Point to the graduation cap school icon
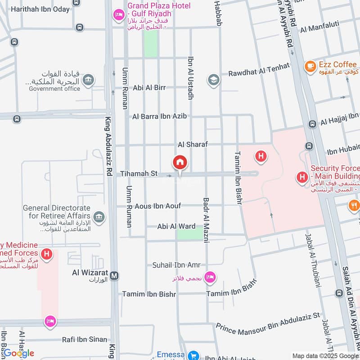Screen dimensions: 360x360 (x=213, y=80)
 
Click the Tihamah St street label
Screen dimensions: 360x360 (x=139, y=173)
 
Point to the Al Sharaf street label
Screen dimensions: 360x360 (x=193, y=144)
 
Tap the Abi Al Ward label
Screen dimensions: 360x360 (x=175, y=226)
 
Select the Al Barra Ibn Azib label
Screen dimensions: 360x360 (x=159, y=116)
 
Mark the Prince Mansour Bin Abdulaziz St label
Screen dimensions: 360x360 (x=268, y=323)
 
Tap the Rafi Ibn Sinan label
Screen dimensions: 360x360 (x=85, y=339)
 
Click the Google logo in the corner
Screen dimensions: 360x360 (x=18, y=353)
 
